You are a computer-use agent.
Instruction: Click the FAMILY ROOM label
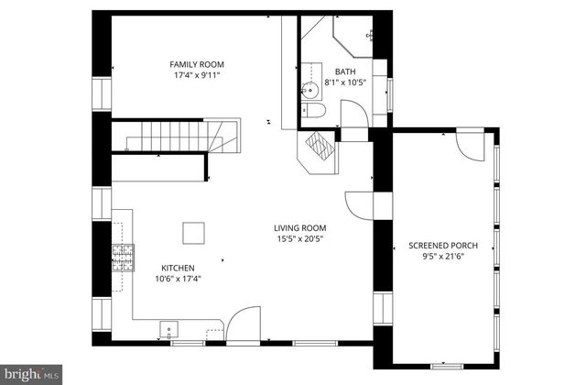(x=197, y=64)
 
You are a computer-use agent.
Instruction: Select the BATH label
(x=345, y=71)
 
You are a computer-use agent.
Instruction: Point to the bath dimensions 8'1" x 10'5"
(x=345, y=82)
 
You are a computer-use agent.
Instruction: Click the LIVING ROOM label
(x=299, y=228)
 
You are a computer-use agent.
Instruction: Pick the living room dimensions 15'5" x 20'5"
(x=301, y=239)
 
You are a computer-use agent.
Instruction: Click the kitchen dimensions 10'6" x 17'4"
(x=174, y=279)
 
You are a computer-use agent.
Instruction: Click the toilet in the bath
(x=312, y=111)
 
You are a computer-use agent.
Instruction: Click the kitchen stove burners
(x=121, y=258)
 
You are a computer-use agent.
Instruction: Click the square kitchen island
(x=193, y=233)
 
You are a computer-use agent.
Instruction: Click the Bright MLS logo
(x=31, y=373)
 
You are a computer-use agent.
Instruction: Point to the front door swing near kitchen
(x=242, y=325)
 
